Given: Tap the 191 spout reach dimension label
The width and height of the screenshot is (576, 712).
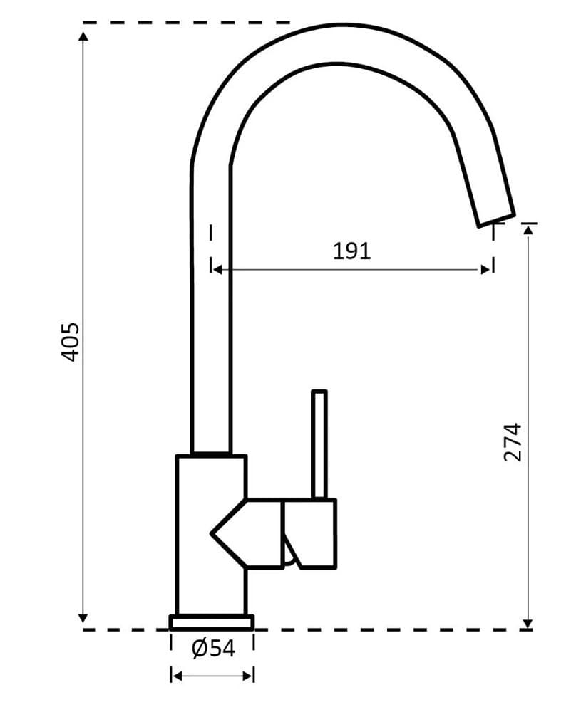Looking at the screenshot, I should [x=352, y=251].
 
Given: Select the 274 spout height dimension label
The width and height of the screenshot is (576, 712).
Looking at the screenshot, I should [x=513, y=442].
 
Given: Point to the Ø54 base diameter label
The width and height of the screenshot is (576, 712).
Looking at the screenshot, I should [x=212, y=648].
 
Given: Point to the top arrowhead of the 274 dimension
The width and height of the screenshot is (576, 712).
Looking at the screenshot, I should [x=528, y=229].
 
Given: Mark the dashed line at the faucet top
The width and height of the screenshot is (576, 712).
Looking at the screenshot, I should [x=185, y=23].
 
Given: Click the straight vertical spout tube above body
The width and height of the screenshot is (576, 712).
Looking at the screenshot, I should [x=211, y=320].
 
